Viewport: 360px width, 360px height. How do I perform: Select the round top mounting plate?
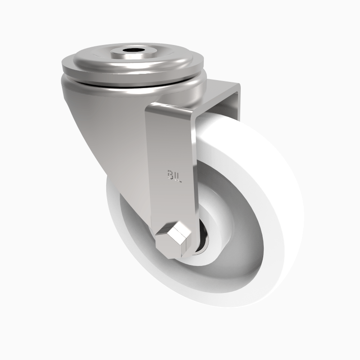pyautogui.click(x=90, y=63)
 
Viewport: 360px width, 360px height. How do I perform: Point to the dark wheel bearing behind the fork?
pyautogui.click(x=202, y=243)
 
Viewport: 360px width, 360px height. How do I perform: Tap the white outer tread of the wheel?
pyautogui.click(x=279, y=189)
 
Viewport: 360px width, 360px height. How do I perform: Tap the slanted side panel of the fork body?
pyautogui.click(x=112, y=144)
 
